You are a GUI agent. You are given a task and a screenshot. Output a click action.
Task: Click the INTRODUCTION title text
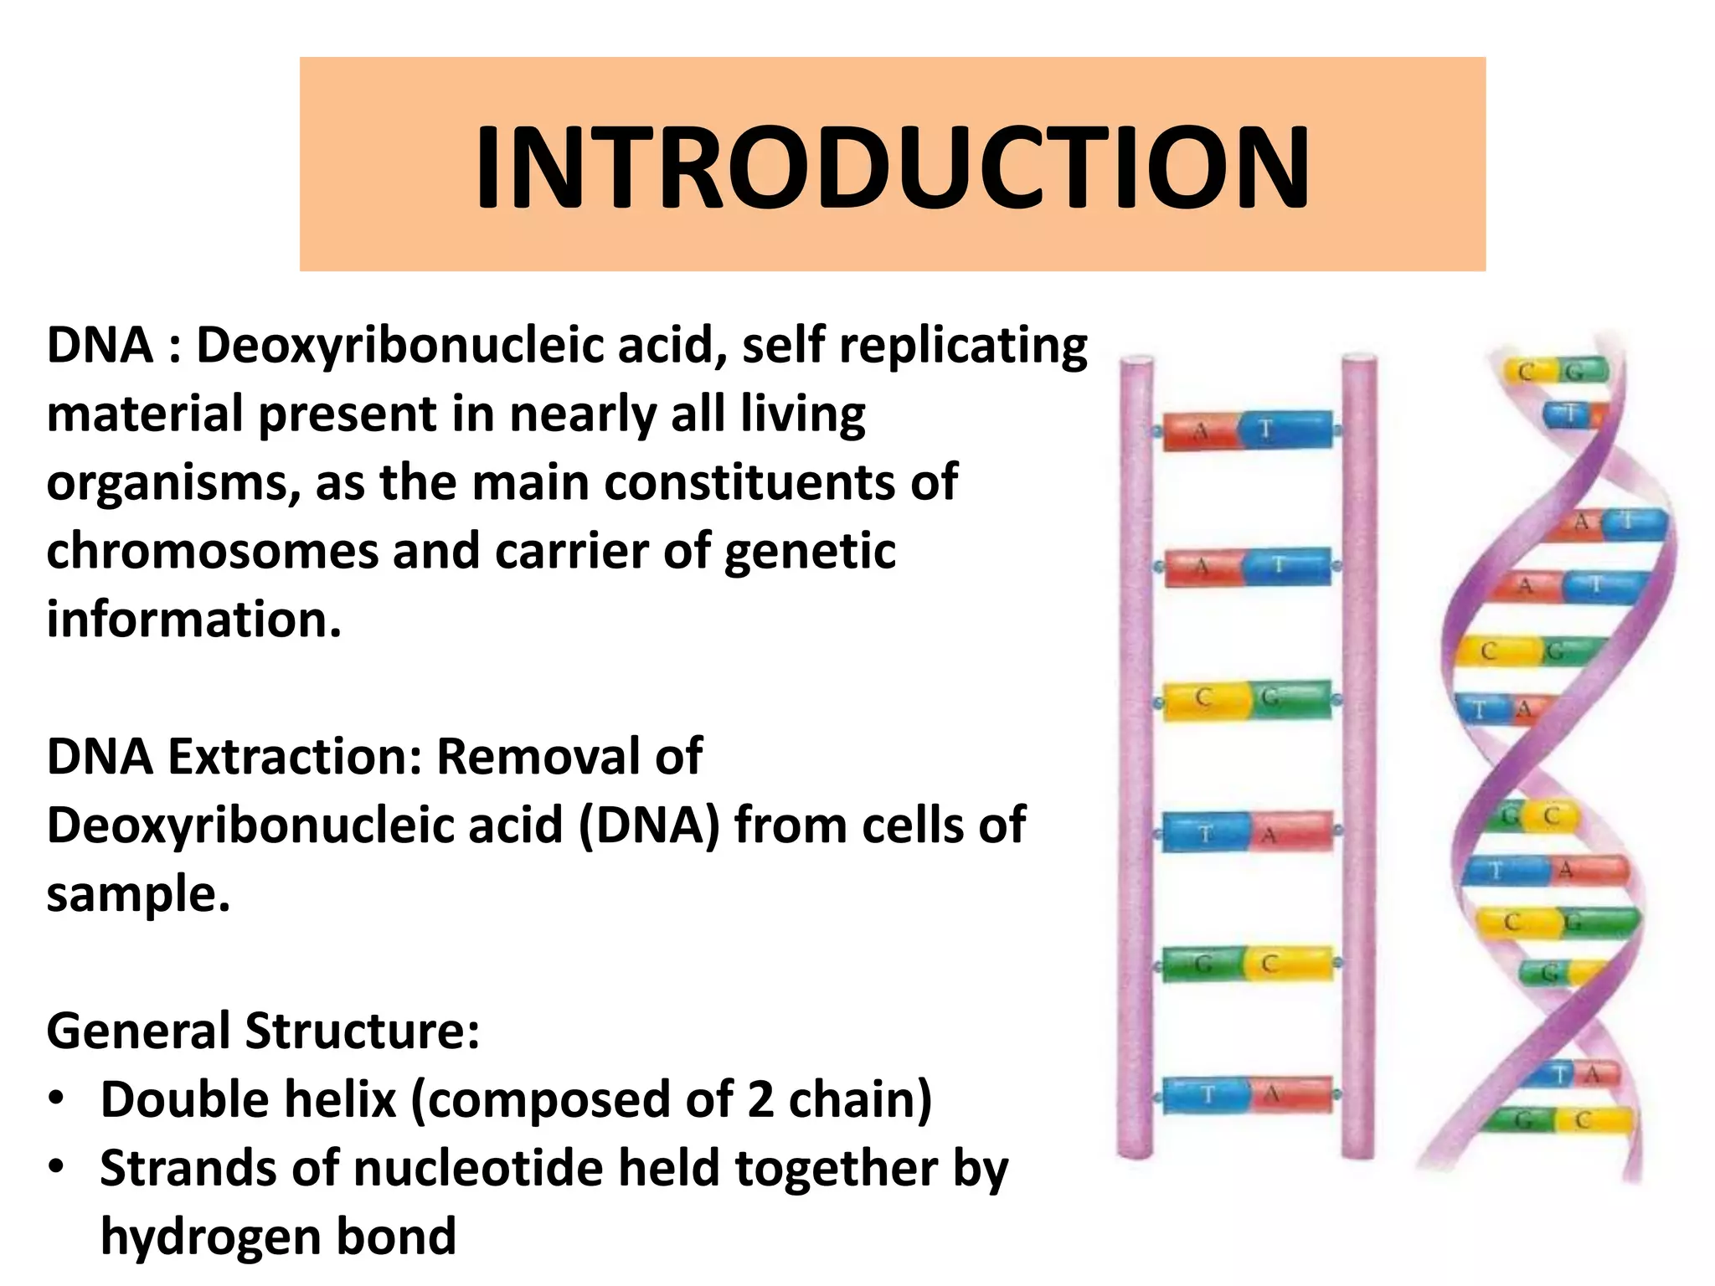point(892,167)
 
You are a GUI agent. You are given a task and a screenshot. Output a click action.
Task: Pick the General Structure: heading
point(263,1031)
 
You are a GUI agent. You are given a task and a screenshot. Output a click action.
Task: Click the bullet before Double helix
point(56,1098)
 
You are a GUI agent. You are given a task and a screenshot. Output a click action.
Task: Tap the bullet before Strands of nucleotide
point(56,1167)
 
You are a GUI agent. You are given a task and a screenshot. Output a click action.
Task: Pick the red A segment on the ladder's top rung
point(1199,433)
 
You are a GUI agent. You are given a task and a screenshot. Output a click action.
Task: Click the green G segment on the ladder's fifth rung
point(1201,965)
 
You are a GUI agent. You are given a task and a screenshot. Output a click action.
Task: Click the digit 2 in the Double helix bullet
point(760,1099)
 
